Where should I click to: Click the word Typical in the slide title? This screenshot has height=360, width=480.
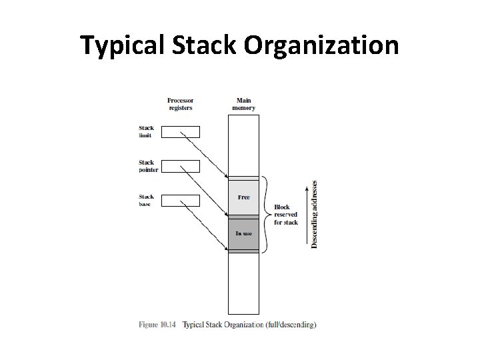(124, 45)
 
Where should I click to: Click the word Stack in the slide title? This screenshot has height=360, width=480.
(205, 45)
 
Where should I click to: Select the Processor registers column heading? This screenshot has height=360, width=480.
(181, 104)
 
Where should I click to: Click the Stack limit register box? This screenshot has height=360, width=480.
(181, 131)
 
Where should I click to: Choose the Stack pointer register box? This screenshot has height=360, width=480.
(181, 165)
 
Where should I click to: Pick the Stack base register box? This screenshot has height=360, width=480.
(181, 200)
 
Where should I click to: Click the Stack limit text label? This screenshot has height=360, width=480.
(145, 131)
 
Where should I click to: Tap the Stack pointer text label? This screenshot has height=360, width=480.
(147, 166)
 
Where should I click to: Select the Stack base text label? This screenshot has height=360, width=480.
(145, 200)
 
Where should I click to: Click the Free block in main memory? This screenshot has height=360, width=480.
(243, 197)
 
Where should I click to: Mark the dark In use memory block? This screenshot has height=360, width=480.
(243, 233)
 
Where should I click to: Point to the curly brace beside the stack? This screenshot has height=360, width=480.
(266, 215)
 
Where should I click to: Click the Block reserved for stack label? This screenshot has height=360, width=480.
(287, 215)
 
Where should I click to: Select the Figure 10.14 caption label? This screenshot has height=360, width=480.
(158, 325)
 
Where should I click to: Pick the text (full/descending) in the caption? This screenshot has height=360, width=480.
(292, 325)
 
